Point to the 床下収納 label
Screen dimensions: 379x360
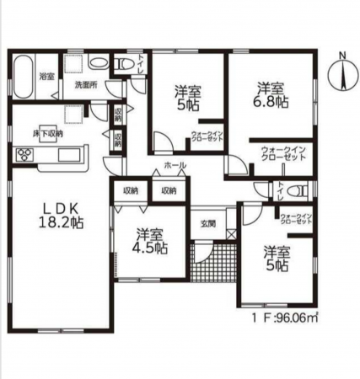click(x=48, y=133)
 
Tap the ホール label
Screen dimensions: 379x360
click(x=175, y=165)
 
